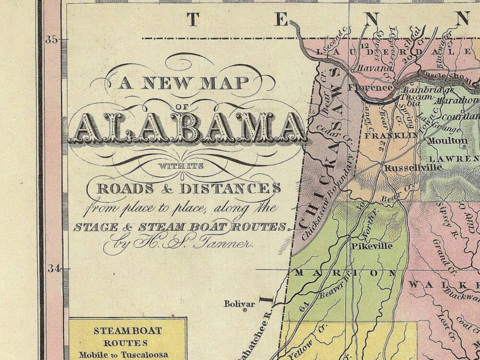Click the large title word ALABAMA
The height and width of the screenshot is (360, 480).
pyautogui.click(x=187, y=129)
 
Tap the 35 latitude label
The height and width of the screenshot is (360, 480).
pyautogui.click(x=51, y=40)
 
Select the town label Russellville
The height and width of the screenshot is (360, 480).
pyautogui.click(x=406, y=168)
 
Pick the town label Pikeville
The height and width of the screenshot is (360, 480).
pyautogui.click(x=372, y=246)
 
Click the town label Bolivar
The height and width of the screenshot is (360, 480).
pyautogui.click(x=240, y=304)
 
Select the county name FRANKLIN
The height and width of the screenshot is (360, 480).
pyautogui.click(x=392, y=136)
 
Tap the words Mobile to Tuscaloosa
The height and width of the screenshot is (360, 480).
pyautogui.click(x=127, y=355)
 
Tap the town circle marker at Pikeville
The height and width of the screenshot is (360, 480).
pyautogui.click(x=349, y=238)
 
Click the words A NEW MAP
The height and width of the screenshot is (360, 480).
pyautogui.click(x=185, y=84)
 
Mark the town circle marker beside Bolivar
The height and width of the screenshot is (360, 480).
pyautogui.click(x=245, y=311)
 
